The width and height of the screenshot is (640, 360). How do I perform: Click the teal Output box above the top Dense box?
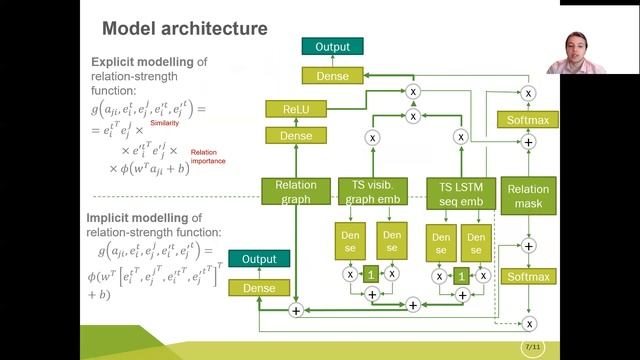tap(333, 46)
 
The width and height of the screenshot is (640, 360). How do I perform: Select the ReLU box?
tap(289, 109)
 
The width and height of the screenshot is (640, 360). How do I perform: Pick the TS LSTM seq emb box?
tap(462, 193)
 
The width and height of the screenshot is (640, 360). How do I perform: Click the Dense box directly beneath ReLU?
tap(289, 135)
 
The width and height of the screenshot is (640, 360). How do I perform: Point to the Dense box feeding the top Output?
tap(333, 75)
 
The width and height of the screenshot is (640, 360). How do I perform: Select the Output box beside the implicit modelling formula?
tap(252, 259)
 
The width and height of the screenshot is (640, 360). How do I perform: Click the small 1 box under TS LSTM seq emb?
tap(461, 274)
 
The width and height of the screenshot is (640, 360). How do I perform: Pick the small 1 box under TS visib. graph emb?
tap(371, 274)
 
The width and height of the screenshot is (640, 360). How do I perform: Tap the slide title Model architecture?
tap(185, 29)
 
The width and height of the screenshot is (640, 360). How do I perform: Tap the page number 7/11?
tap(534, 346)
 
